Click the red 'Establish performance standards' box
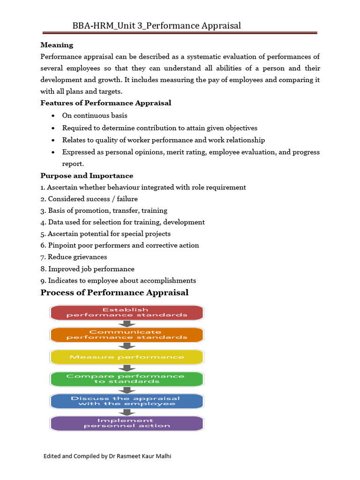click(x=127, y=312)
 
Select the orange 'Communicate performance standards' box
click(x=127, y=335)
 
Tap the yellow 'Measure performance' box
click(x=127, y=357)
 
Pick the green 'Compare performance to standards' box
click(x=127, y=379)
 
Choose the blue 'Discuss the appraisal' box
click(x=127, y=401)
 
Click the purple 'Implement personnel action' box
click(x=127, y=423)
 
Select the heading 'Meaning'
click(x=57, y=45)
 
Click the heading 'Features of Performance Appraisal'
click(x=105, y=103)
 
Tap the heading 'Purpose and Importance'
click(x=87, y=176)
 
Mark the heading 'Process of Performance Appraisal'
click(x=114, y=292)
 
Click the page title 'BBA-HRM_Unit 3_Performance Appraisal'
click(x=157, y=26)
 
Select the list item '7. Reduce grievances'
click(x=74, y=257)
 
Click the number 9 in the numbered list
click(x=43, y=280)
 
